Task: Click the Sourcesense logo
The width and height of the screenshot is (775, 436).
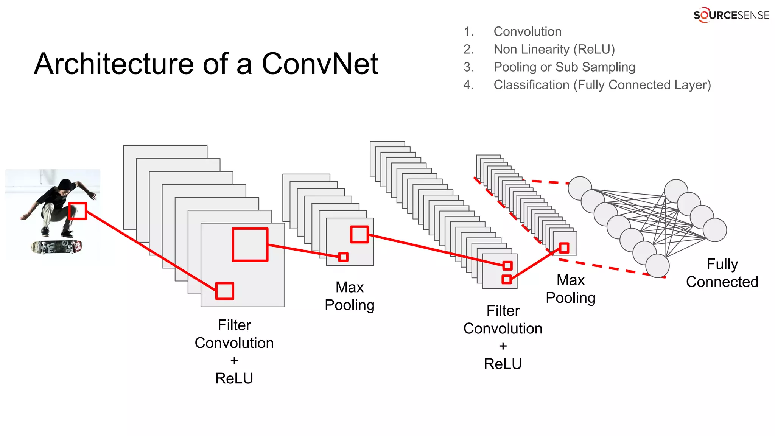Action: coord(731,15)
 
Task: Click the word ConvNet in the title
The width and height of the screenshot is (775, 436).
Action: coord(320,64)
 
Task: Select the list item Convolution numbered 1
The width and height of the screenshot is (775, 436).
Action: coord(527,31)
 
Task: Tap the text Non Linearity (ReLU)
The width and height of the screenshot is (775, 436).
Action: coord(554,49)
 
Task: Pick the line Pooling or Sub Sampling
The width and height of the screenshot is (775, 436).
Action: coord(564,67)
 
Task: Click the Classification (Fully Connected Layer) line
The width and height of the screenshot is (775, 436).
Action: coord(602,85)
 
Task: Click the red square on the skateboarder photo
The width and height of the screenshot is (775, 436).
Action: coord(78,211)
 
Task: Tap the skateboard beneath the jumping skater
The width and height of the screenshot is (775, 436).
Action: coord(57,247)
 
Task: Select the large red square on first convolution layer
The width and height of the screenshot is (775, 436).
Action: coord(250,244)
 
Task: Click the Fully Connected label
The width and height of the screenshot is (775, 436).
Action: coord(722,273)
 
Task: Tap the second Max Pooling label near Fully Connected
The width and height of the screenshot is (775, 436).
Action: coord(570,289)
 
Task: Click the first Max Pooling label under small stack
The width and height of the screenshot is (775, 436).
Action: coord(349,296)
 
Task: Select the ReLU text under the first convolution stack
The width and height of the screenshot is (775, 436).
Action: coord(234,378)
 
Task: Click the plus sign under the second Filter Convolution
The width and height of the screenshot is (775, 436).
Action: coord(503,346)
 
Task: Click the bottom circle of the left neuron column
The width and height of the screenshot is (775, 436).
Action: coord(657,266)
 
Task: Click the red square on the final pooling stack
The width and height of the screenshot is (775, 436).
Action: coord(564,248)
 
